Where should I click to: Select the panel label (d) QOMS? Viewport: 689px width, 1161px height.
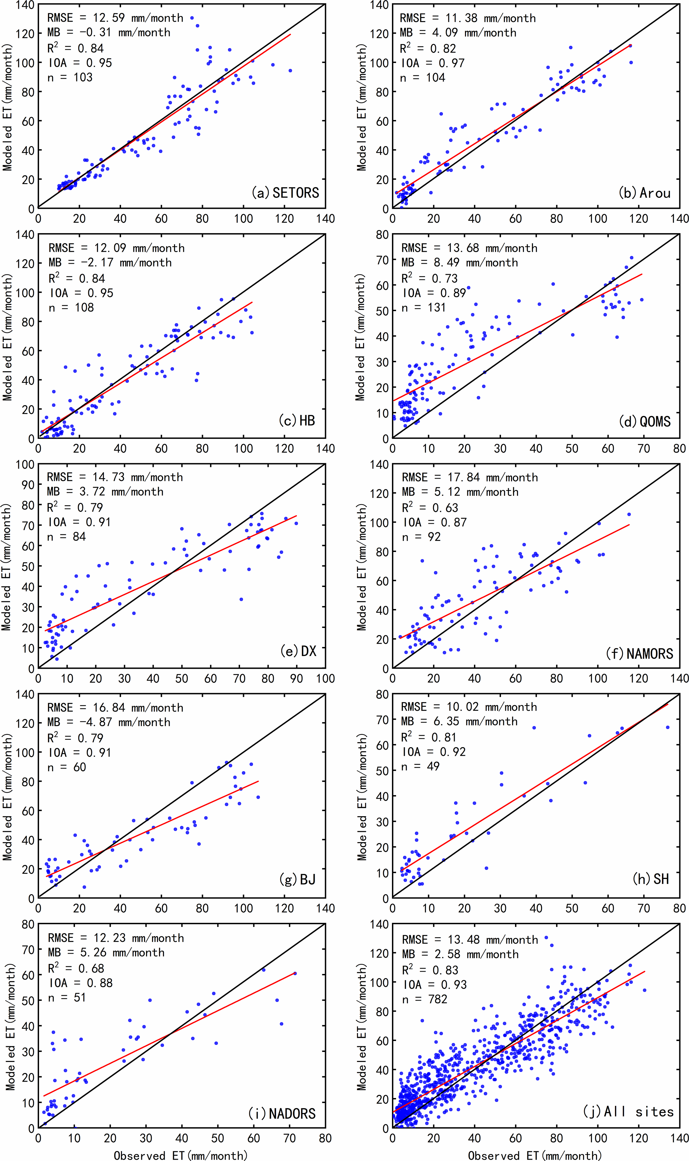pos(645,421)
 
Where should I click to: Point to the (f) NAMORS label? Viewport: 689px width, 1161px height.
pos(639,653)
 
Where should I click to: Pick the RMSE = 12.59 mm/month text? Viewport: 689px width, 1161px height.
pos(115,18)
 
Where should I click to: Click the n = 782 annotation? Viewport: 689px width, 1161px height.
pos(424,999)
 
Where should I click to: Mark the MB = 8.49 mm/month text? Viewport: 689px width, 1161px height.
pos(460,262)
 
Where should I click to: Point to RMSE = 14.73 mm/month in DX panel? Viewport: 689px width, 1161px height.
pos(115,477)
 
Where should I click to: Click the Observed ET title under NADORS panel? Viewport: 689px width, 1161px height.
pos(181,1155)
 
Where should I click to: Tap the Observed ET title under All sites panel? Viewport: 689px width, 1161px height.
pos(535,1155)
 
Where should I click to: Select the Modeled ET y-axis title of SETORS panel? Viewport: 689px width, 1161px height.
pos(7,107)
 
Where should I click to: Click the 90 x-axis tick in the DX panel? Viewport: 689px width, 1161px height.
pos(296,678)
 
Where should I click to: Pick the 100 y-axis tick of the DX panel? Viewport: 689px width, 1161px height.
pos(25,464)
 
